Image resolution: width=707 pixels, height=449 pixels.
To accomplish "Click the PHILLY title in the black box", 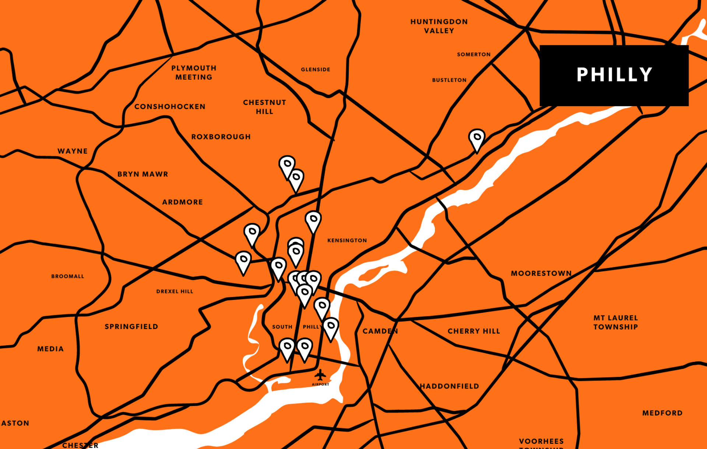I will pos(614,75).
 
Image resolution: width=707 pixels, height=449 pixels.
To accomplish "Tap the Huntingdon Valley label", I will pos(439,26).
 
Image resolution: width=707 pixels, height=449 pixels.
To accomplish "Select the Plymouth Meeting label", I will pos(194,73).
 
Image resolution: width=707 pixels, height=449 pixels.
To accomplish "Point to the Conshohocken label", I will pos(170,107).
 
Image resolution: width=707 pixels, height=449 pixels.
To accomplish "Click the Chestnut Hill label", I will pos(264,107).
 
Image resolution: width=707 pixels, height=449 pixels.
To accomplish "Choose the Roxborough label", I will pos(221,137).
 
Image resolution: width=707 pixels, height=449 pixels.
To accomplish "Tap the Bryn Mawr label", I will pos(143,174).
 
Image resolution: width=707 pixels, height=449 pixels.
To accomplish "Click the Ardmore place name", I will pos(182,202).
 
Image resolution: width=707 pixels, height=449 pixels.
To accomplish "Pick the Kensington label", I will pos(347,240).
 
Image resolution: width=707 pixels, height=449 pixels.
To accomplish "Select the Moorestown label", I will pos(541,273).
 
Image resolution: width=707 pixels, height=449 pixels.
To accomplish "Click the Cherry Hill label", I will pos(474,331).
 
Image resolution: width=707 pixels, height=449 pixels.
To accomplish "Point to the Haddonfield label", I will pos(450,386).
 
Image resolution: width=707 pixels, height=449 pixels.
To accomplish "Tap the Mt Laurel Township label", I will pos(615,322).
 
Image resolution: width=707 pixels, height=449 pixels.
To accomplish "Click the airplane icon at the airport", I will pos(320,375).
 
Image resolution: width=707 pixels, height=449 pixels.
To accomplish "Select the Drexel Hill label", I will pos(175,291).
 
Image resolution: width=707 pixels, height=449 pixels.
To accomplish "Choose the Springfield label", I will pos(131,326).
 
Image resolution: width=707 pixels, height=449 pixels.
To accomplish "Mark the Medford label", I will pos(662,413).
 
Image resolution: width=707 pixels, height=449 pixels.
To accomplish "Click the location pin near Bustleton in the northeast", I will pos(476,139).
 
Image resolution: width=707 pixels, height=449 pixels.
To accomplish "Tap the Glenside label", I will pos(315,70).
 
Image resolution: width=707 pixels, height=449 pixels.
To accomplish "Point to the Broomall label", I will pos(67,276).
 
